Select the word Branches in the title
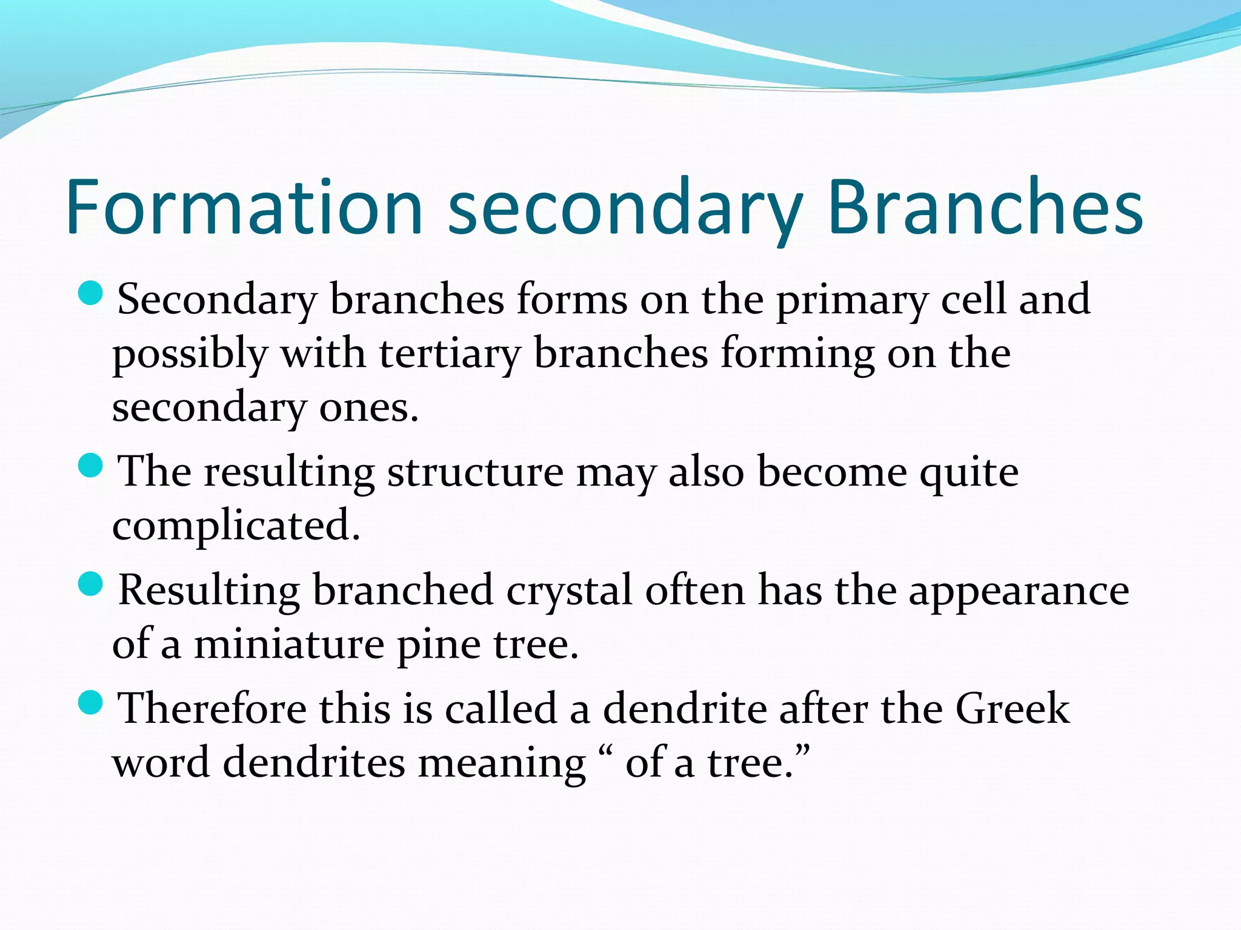[x=985, y=207]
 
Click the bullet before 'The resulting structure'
[x=91, y=466]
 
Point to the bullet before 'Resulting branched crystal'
[x=91, y=584]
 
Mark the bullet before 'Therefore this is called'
[x=91, y=703]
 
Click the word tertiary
[x=450, y=353]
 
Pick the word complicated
[x=236, y=526]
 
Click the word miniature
[x=288, y=644]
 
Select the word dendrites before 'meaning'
[x=314, y=763]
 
